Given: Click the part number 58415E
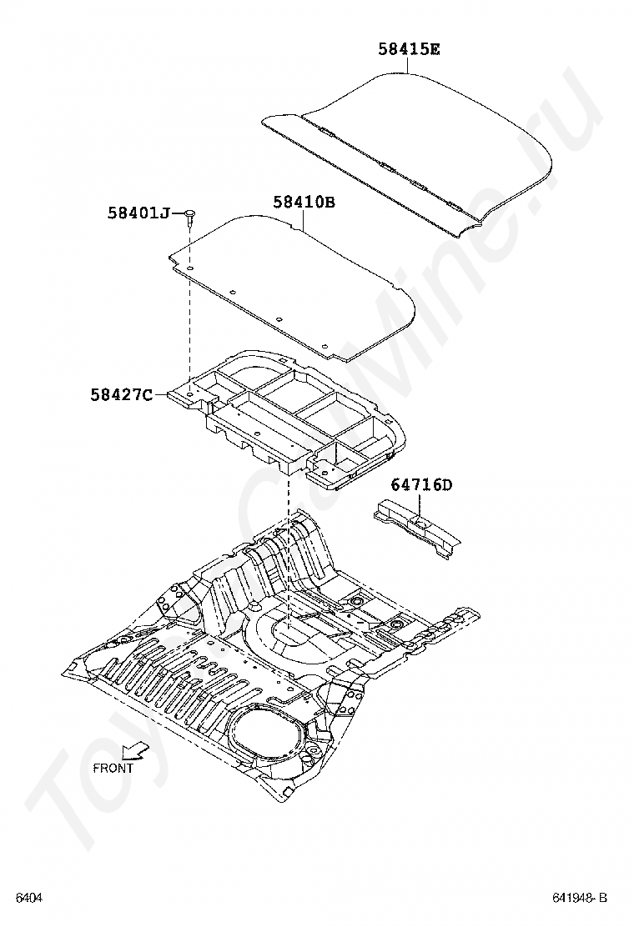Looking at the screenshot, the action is (x=409, y=49).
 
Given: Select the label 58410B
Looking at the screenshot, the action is (x=304, y=202).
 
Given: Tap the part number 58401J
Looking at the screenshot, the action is (x=138, y=213).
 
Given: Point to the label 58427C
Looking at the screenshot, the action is (x=122, y=394).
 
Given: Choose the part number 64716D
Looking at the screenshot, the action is (x=421, y=485).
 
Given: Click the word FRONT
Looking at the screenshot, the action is (x=113, y=769).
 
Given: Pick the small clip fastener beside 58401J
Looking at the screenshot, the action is (x=191, y=217).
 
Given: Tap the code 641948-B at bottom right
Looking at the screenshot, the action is (x=579, y=898).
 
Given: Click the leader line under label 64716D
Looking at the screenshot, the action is (x=420, y=505).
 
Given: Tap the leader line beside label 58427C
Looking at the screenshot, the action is (x=162, y=393).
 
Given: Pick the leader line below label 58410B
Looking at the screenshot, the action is (x=304, y=220).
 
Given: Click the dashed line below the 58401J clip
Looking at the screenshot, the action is (x=191, y=317).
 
